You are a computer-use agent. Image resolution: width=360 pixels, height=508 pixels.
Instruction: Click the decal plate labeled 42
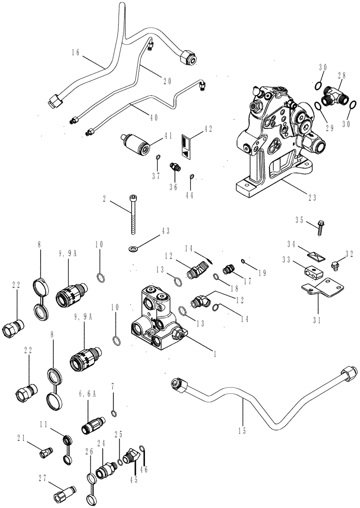click(187, 146)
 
